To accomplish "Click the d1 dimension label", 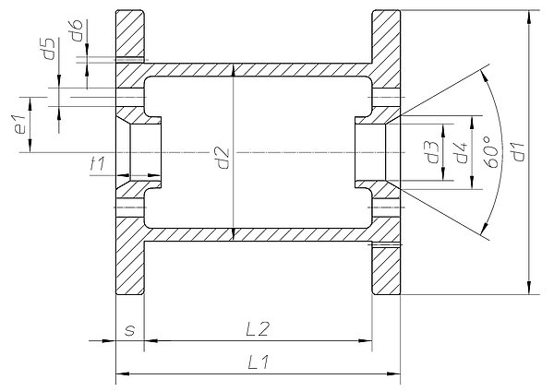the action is [518, 152].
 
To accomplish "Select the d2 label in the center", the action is [223, 158].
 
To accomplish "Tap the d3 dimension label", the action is [433, 152].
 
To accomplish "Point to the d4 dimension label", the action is [461, 152].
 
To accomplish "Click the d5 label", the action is [49, 49].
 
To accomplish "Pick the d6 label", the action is [77, 30].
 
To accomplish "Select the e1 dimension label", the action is [20, 124].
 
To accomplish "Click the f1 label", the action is [98, 164].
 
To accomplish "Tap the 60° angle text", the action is [492, 151].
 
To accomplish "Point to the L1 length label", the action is [259, 362].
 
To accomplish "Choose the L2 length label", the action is [258, 329].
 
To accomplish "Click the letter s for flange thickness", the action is [130, 331].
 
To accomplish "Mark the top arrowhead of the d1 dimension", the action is [529, 17].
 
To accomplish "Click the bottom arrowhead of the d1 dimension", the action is [529, 288].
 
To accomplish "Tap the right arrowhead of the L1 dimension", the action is [393, 373].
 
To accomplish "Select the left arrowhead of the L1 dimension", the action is [122, 373].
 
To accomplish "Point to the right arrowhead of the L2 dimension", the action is [366, 341].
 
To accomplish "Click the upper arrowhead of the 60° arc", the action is [485, 76].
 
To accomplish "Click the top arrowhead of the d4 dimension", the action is [472, 122].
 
